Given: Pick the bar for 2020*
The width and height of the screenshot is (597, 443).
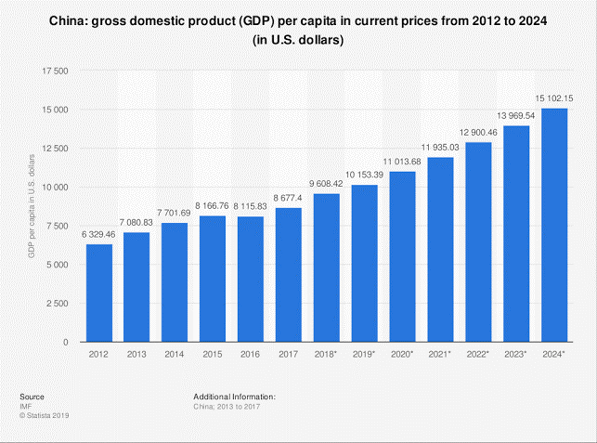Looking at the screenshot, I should [x=403, y=257].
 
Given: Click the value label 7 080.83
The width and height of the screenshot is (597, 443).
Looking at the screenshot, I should [x=137, y=224].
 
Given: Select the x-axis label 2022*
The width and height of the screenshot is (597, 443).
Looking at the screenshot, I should [x=479, y=355].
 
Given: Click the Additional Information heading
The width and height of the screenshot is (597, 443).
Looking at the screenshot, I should [x=235, y=397].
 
